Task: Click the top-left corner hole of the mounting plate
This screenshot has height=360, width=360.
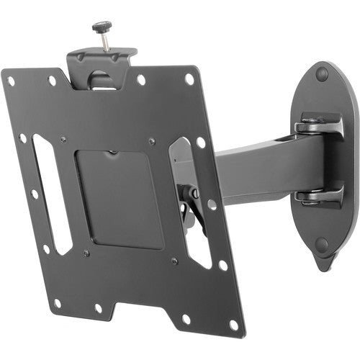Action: (11, 81)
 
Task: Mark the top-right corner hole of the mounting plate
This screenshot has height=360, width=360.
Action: (189, 78)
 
